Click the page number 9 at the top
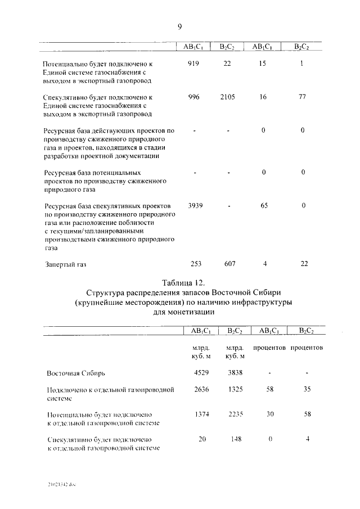click(180, 26)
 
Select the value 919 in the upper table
click(193, 64)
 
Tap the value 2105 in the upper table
click(228, 97)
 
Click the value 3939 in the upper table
click(195, 205)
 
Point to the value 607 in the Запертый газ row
click(229, 263)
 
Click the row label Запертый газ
click(66, 264)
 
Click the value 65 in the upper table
click(264, 205)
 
